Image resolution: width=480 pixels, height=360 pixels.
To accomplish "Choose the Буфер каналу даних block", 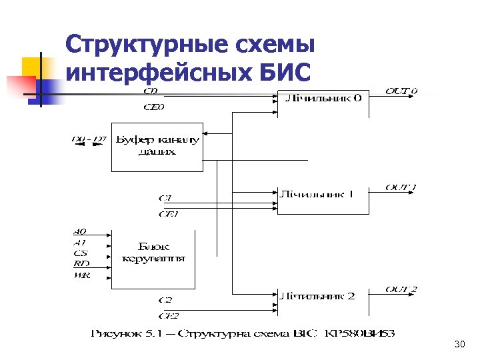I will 157,146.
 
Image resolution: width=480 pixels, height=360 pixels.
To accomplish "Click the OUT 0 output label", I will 401,91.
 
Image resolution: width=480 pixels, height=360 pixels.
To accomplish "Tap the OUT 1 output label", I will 401,187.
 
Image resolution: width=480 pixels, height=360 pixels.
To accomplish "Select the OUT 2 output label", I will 401,289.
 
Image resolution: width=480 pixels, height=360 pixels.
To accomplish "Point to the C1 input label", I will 165,198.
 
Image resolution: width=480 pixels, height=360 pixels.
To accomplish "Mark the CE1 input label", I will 168,214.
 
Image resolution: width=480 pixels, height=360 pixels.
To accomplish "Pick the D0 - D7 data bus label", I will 89,139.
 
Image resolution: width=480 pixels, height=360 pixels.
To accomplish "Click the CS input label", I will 81,253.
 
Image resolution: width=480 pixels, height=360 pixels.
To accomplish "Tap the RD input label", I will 81,264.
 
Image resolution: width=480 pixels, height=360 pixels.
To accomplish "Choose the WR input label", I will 81,275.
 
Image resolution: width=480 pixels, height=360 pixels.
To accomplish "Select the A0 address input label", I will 80,232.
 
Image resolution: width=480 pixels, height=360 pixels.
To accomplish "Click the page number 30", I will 459,345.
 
